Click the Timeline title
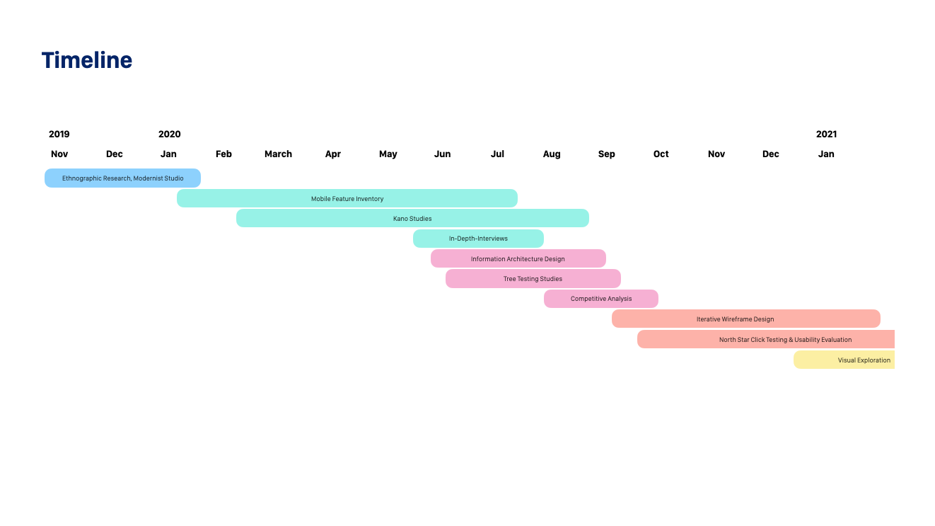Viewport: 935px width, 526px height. (x=87, y=60)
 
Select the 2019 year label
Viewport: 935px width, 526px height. (x=59, y=134)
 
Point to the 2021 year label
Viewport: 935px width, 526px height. (x=827, y=134)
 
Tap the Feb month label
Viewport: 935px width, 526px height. (x=223, y=154)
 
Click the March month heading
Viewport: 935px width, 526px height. (x=279, y=154)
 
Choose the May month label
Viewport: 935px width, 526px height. (x=388, y=154)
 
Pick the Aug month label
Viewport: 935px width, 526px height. (x=552, y=154)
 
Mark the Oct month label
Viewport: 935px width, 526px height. (x=661, y=154)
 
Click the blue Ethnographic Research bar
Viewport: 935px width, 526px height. (x=123, y=178)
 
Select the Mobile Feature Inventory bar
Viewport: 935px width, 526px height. (x=347, y=198)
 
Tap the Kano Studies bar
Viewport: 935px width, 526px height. (x=412, y=218)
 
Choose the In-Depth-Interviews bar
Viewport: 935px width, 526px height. (x=478, y=239)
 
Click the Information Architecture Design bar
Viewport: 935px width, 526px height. (x=518, y=258)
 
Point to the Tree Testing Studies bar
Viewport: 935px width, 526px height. (x=533, y=279)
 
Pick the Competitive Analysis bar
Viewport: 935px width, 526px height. (x=601, y=299)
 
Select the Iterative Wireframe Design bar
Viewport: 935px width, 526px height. (x=746, y=319)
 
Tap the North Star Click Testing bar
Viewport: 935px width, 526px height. (x=766, y=339)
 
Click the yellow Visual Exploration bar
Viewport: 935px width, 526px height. (x=844, y=360)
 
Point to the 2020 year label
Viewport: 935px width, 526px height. (x=170, y=134)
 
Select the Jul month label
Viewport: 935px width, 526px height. (x=497, y=154)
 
